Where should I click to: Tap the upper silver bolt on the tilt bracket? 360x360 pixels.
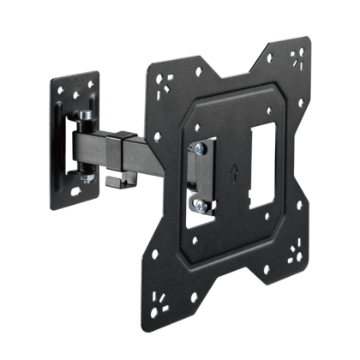[x=197, y=151]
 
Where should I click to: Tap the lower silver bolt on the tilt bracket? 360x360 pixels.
[x=198, y=204]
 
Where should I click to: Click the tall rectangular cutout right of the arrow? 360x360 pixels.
[x=261, y=164]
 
